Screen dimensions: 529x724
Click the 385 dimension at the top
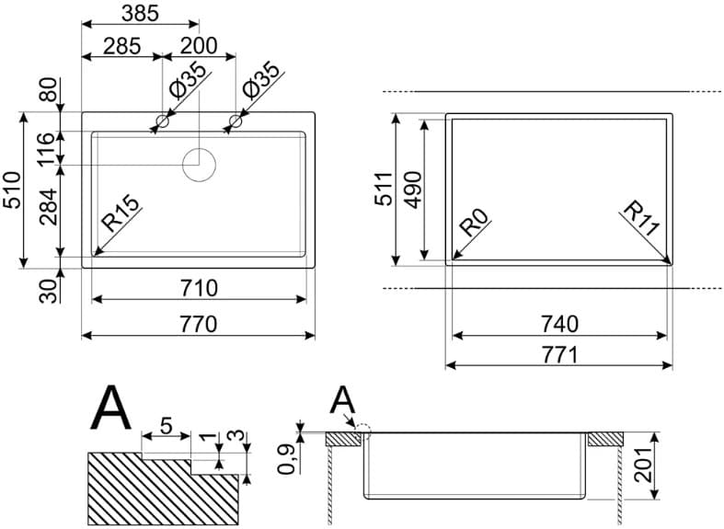coord(139,13)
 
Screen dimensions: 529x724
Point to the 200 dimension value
coord(199,45)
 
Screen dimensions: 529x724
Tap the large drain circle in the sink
coord(199,165)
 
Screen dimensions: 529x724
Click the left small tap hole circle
coord(162,121)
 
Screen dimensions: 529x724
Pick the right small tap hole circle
coord(236,121)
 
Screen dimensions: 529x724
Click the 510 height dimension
coord(12,190)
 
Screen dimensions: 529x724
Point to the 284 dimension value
coord(48,207)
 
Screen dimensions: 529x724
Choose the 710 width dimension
coord(199,288)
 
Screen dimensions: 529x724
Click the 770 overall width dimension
coord(199,324)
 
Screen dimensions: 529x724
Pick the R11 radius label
coord(642,218)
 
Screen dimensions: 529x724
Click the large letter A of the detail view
coord(110,408)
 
